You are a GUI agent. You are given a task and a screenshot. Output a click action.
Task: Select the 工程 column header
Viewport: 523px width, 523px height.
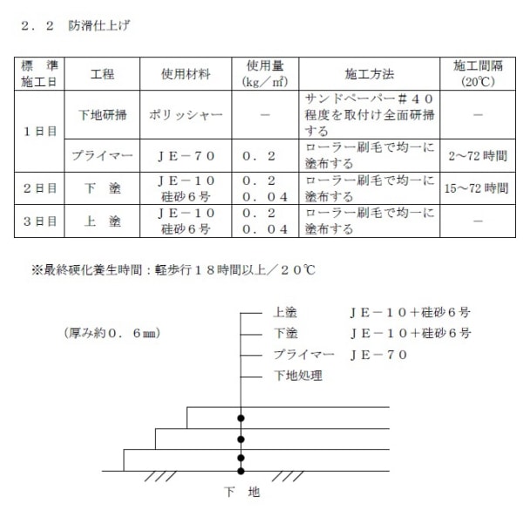click(x=102, y=74)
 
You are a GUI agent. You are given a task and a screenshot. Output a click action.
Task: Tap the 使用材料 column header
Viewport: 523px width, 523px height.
click(x=186, y=74)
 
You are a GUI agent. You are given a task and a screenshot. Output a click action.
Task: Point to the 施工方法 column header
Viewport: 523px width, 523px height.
click(x=370, y=74)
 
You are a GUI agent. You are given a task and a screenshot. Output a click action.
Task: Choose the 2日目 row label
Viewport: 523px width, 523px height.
click(x=40, y=187)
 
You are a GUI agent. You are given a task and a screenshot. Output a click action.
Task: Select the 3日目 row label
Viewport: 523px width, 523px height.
click(x=40, y=221)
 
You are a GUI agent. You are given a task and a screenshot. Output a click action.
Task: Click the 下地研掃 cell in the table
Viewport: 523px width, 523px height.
click(x=102, y=114)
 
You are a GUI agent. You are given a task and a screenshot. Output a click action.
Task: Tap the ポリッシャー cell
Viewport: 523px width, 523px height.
click(x=186, y=114)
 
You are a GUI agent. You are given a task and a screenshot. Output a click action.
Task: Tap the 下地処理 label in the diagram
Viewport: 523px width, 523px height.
click(x=297, y=376)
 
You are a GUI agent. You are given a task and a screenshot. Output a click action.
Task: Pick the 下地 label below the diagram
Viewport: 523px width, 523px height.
click(x=241, y=493)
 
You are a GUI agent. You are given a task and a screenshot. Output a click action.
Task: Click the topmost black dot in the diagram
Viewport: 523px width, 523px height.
click(x=241, y=418)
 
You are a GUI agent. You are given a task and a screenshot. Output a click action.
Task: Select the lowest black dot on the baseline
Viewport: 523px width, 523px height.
click(x=241, y=472)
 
